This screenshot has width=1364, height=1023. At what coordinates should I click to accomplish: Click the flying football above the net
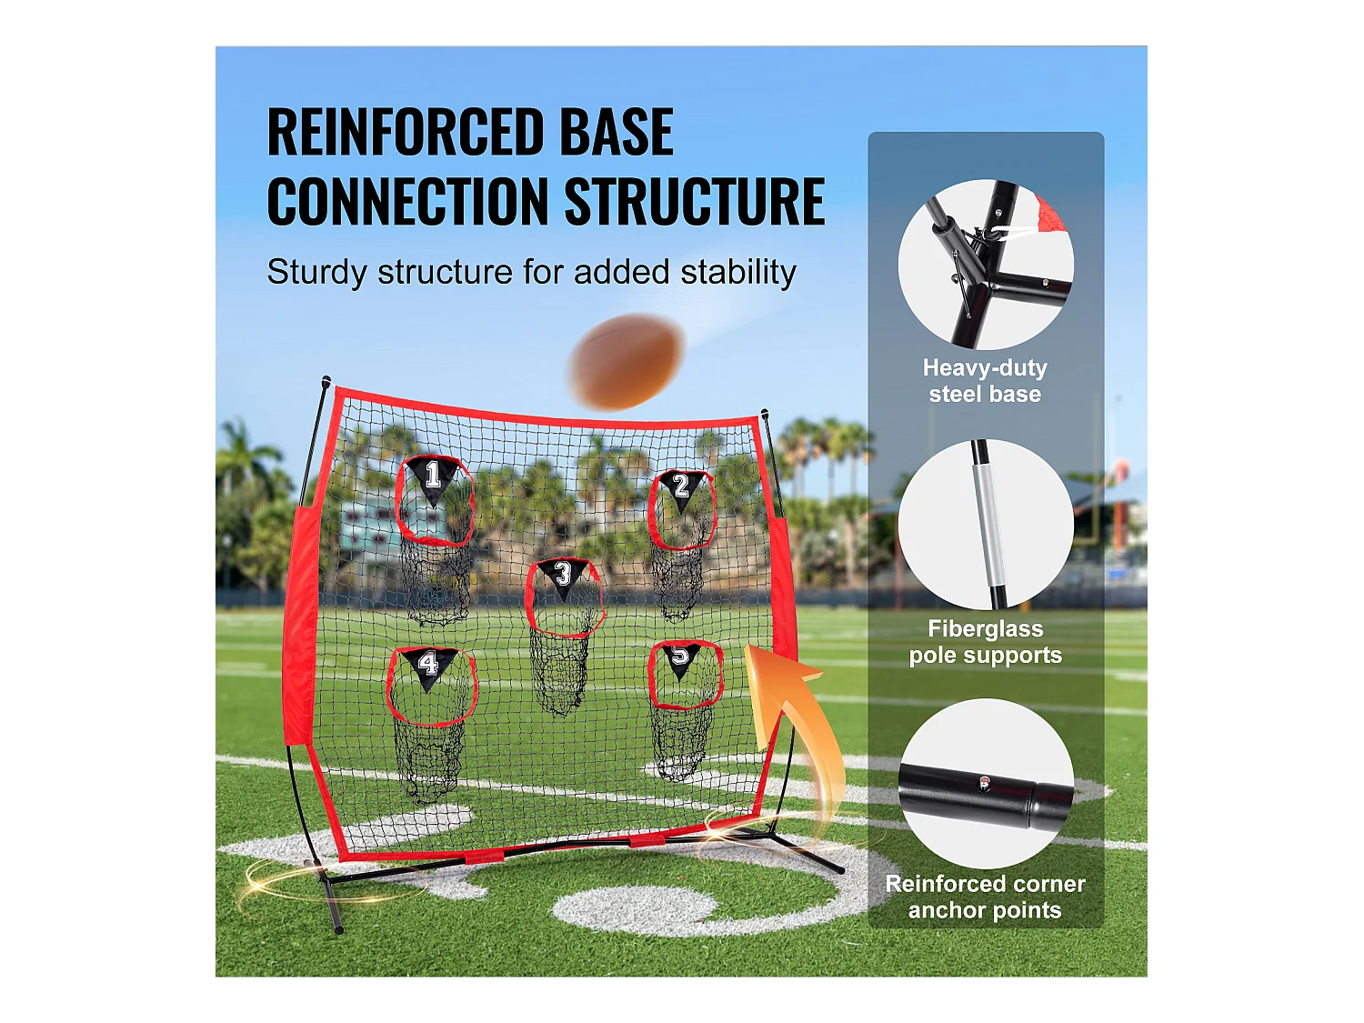pyautogui.click(x=627, y=361)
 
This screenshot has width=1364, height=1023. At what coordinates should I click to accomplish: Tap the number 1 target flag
pyautogui.click(x=433, y=477)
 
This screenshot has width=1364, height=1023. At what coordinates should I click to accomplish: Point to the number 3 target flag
pyautogui.click(x=563, y=576)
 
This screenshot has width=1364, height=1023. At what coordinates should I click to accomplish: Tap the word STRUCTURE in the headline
pyautogui.click(x=695, y=202)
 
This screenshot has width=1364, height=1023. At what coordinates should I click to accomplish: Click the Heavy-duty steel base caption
pyautogui.click(x=985, y=381)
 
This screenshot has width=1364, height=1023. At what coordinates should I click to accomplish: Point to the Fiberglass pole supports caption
pyautogui.click(x=985, y=642)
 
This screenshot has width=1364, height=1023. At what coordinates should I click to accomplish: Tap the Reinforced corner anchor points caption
pyautogui.click(x=985, y=897)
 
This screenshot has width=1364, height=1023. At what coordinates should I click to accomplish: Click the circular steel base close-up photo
pyautogui.click(x=986, y=265)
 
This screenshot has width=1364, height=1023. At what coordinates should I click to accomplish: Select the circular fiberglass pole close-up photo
pyautogui.click(x=986, y=525)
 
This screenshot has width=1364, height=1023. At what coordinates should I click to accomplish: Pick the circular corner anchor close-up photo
pyautogui.click(x=986, y=784)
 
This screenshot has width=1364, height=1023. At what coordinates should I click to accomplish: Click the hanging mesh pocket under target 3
pyautogui.click(x=558, y=673)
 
